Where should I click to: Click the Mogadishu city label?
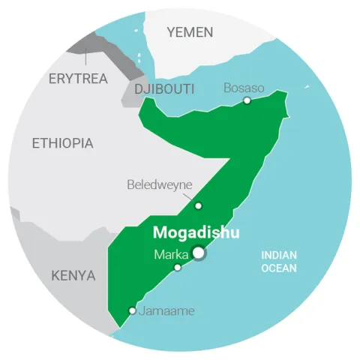(196, 233)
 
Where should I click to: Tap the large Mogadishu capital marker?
(199, 253)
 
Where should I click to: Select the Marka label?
(171, 254)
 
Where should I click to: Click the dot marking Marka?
(178, 267)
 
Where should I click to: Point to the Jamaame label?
(165, 310)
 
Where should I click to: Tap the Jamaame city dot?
(133, 310)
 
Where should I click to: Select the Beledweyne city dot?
(198, 205)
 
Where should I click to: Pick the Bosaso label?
(244, 88)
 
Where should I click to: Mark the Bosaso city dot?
(247, 100)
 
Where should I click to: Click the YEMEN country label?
(190, 31)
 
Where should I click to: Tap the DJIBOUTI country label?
(163, 89)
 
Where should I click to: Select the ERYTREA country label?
(77, 78)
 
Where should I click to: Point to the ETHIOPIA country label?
(62, 143)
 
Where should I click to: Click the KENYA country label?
(73, 275)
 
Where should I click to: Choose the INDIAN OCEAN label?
(279, 261)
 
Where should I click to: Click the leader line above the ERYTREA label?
(87, 56)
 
